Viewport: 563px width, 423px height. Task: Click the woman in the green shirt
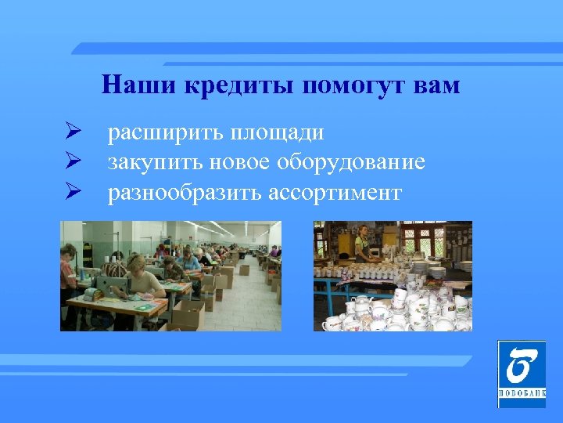click(362, 244)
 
